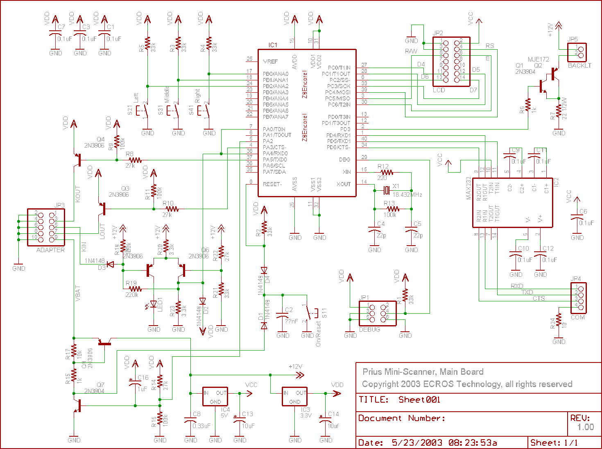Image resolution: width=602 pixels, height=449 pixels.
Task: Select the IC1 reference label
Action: [x=273, y=45]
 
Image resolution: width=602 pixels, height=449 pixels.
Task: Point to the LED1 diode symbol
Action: [x=154, y=304]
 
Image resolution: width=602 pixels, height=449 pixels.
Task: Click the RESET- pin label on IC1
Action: [x=272, y=184]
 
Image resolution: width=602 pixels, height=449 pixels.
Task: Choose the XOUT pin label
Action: [x=344, y=184]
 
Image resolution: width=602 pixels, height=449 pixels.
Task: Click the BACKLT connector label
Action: [x=579, y=66]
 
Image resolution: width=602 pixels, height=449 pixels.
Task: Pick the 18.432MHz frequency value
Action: [x=407, y=195]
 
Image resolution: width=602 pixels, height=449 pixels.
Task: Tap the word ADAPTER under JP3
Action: [x=50, y=250]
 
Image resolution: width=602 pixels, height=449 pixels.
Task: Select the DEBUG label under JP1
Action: [x=369, y=329]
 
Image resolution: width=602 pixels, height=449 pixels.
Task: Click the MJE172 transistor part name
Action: [x=538, y=59]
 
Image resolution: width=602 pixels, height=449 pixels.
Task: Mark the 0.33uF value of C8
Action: [x=201, y=426]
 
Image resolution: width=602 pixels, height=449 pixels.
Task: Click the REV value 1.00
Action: [x=586, y=427]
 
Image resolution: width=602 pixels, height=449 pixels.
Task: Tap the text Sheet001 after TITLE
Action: [x=419, y=400]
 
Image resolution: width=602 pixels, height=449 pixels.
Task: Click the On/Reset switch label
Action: [x=318, y=334]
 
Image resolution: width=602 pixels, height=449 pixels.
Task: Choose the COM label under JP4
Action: [x=578, y=317]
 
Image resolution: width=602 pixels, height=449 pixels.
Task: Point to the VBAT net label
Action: [x=78, y=294]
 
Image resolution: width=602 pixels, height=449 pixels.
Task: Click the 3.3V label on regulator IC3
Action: [x=306, y=415]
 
